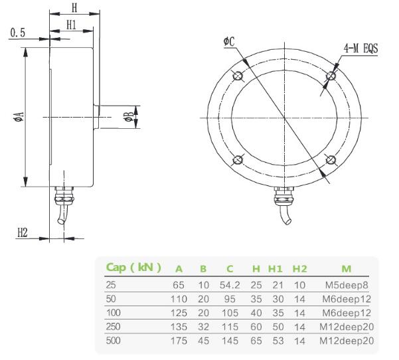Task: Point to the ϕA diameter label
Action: [19, 118]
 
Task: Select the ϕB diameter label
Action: [129, 118]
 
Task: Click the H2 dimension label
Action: [23, 232]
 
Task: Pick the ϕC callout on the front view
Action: [230, 43]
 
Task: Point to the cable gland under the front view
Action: [283, 200]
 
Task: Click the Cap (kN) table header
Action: [133, 268]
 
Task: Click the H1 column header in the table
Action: [275, 269]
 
